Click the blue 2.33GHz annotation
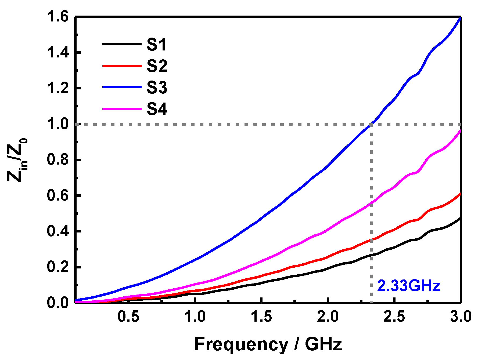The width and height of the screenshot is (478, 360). pos(408,286)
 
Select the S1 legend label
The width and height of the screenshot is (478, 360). pos(157,44)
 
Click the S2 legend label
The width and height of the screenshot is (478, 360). pos(157,66)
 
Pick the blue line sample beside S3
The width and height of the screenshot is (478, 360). pos(122,87)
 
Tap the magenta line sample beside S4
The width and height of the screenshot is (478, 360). pos(122,109)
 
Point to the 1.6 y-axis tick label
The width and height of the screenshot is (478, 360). pos(58,17)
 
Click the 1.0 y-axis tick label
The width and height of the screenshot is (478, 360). pos(58,124)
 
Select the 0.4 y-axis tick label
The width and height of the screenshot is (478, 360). pos(58,231)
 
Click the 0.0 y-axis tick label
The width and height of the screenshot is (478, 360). pos(58,303)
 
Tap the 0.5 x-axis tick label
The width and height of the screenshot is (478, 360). pos(128,317)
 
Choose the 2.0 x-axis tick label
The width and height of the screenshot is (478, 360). pos(328,317)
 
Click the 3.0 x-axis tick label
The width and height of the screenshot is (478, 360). pos(461,317)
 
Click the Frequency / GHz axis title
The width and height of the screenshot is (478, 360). pos(268,344)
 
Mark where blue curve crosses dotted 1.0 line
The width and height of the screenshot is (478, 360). pos(371,124)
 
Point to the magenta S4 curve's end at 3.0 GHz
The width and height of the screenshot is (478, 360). pos(460,131)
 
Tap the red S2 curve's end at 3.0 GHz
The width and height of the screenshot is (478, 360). pos(460,194)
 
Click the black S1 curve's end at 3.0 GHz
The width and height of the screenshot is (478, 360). pos(460,219)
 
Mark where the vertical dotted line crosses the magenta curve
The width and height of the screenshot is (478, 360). pos(371,203)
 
